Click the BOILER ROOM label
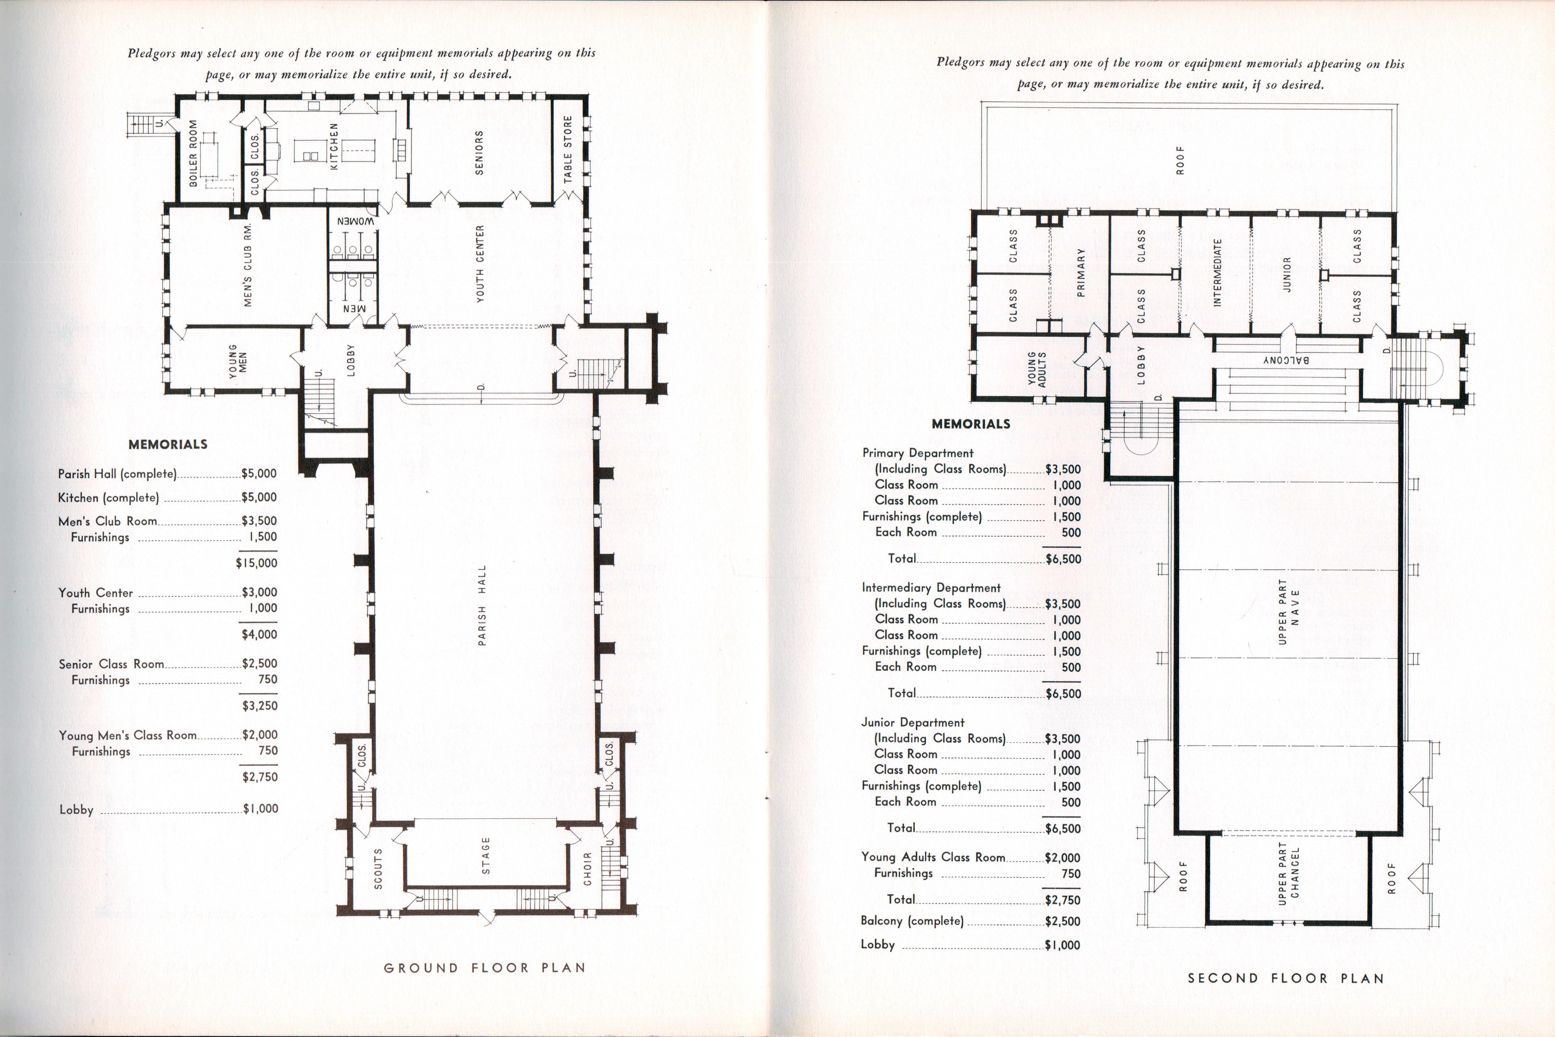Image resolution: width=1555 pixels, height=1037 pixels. pos(193,153)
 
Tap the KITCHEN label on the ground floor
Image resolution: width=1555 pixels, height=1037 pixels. pos(334,146)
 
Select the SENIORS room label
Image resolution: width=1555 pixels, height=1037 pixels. pos(479,153)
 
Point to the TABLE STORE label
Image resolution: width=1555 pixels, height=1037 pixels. pos(568,150)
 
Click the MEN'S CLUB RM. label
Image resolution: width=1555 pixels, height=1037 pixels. pos(249,264)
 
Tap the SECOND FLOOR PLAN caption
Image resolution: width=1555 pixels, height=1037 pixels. pos(1286,978)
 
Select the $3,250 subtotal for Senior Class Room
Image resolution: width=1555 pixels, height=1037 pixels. pos(260,706)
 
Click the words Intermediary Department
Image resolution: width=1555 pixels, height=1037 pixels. pos(931,588)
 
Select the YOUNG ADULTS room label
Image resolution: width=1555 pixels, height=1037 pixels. pos(1036,369)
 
